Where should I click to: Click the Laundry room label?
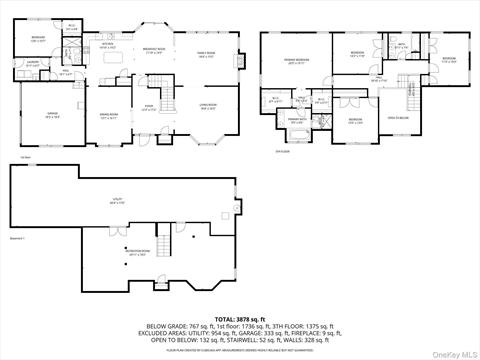click(x=33, y=63)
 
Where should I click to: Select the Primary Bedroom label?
click(x=295, y=62)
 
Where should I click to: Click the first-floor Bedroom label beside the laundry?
click(x=37, y=40)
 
